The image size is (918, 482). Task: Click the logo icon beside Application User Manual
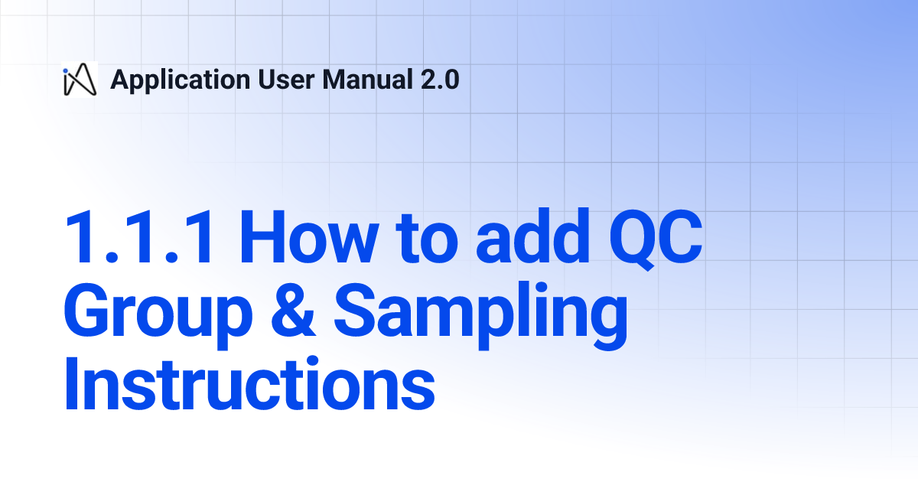pos(80,79)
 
